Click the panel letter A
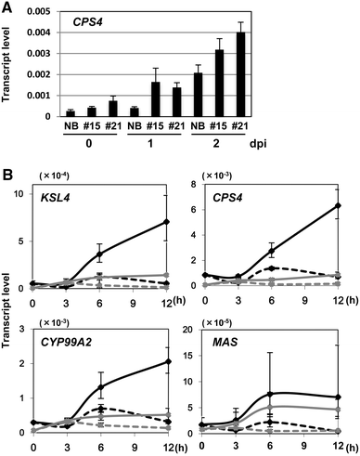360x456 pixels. (7, 7)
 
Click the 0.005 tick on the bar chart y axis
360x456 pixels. (49, 10)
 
